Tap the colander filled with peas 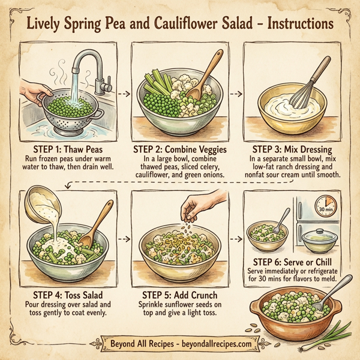tap(65, 111)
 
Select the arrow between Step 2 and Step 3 tap(236, 94)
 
